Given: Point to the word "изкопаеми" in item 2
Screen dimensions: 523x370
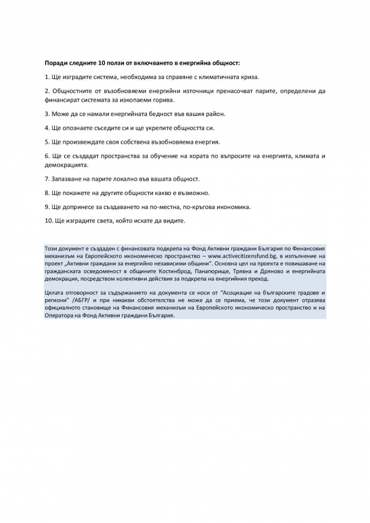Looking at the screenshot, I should (x=129, y=99).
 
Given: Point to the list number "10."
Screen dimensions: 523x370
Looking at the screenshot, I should (x=48, y=221).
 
